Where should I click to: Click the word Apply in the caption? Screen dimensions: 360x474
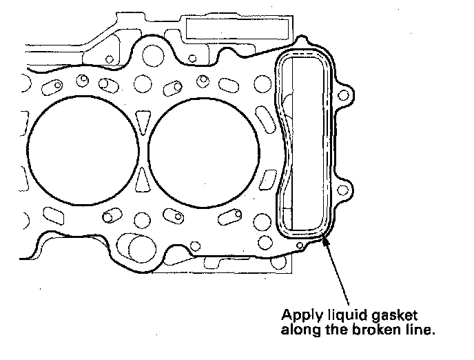tap(298, 314)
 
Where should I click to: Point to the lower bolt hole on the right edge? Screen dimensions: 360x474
tap(347, 188)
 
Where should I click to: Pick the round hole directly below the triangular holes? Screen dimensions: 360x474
tap(143, 220)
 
